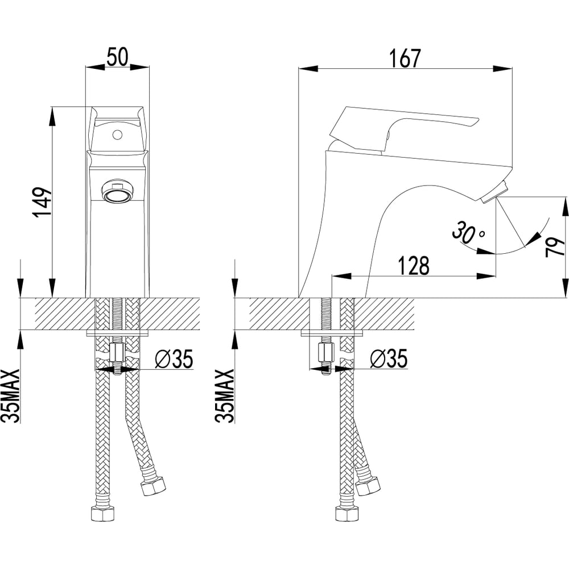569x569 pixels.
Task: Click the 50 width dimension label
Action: pyautogui.click(x=117, y=57)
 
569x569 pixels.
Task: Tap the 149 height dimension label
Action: pyautogui.click(x=43, y=203)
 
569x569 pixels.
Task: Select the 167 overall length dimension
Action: pyautogui.click(x=405, y=58)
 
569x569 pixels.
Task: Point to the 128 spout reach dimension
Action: pyautogui.click(x=414, y=266)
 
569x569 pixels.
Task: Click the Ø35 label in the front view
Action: pyautogui.click(x=174, y=358)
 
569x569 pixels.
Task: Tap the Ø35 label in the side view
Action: pyautogui.click(x=389, y=358)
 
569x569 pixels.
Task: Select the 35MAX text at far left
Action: pyautogui.click(x=10, y=396)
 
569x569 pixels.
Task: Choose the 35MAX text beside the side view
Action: pyautogui.click(x=225, y=396)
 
